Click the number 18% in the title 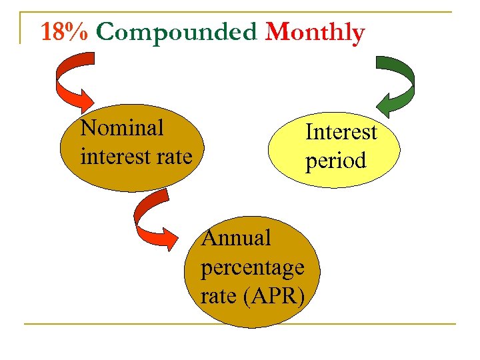click(x=64, y=32)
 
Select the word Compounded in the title click(x=175, y=32)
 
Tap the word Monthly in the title click(x=315, y=32)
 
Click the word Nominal click(x=121, y=127)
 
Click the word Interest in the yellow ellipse click(x=341, y=132)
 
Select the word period click(x=336, y=161)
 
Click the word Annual click(x=236, y=237)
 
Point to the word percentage click(x=252, y=267)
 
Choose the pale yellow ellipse click(x=333, y=147)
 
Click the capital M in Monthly click(x=277, y=32)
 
